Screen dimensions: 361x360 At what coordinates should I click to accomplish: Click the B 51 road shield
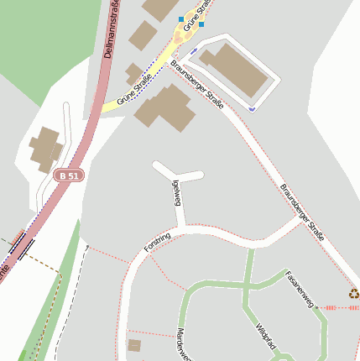click(x=70, y=175)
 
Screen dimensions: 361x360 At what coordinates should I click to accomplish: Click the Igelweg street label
click(x=176, y=192)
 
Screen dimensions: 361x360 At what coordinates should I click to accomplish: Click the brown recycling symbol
click(x=354, y=294)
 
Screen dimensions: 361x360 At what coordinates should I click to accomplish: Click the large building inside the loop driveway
click(x=236, y=71)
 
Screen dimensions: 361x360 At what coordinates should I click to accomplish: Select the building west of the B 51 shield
click(x=47, y=149)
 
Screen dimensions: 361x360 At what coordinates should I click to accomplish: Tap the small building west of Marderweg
click(x=134, y=345)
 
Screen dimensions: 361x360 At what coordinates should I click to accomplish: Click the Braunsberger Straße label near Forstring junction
click(x=302, y=212)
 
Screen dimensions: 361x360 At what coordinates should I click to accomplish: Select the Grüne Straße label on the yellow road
click(x=134, y=91)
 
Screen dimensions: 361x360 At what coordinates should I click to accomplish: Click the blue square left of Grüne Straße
click(x=180, y=18)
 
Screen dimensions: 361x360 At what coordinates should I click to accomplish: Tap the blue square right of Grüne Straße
click(x=201, y=24)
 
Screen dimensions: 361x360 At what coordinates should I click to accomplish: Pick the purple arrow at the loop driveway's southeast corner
click(x=252, y=108)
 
